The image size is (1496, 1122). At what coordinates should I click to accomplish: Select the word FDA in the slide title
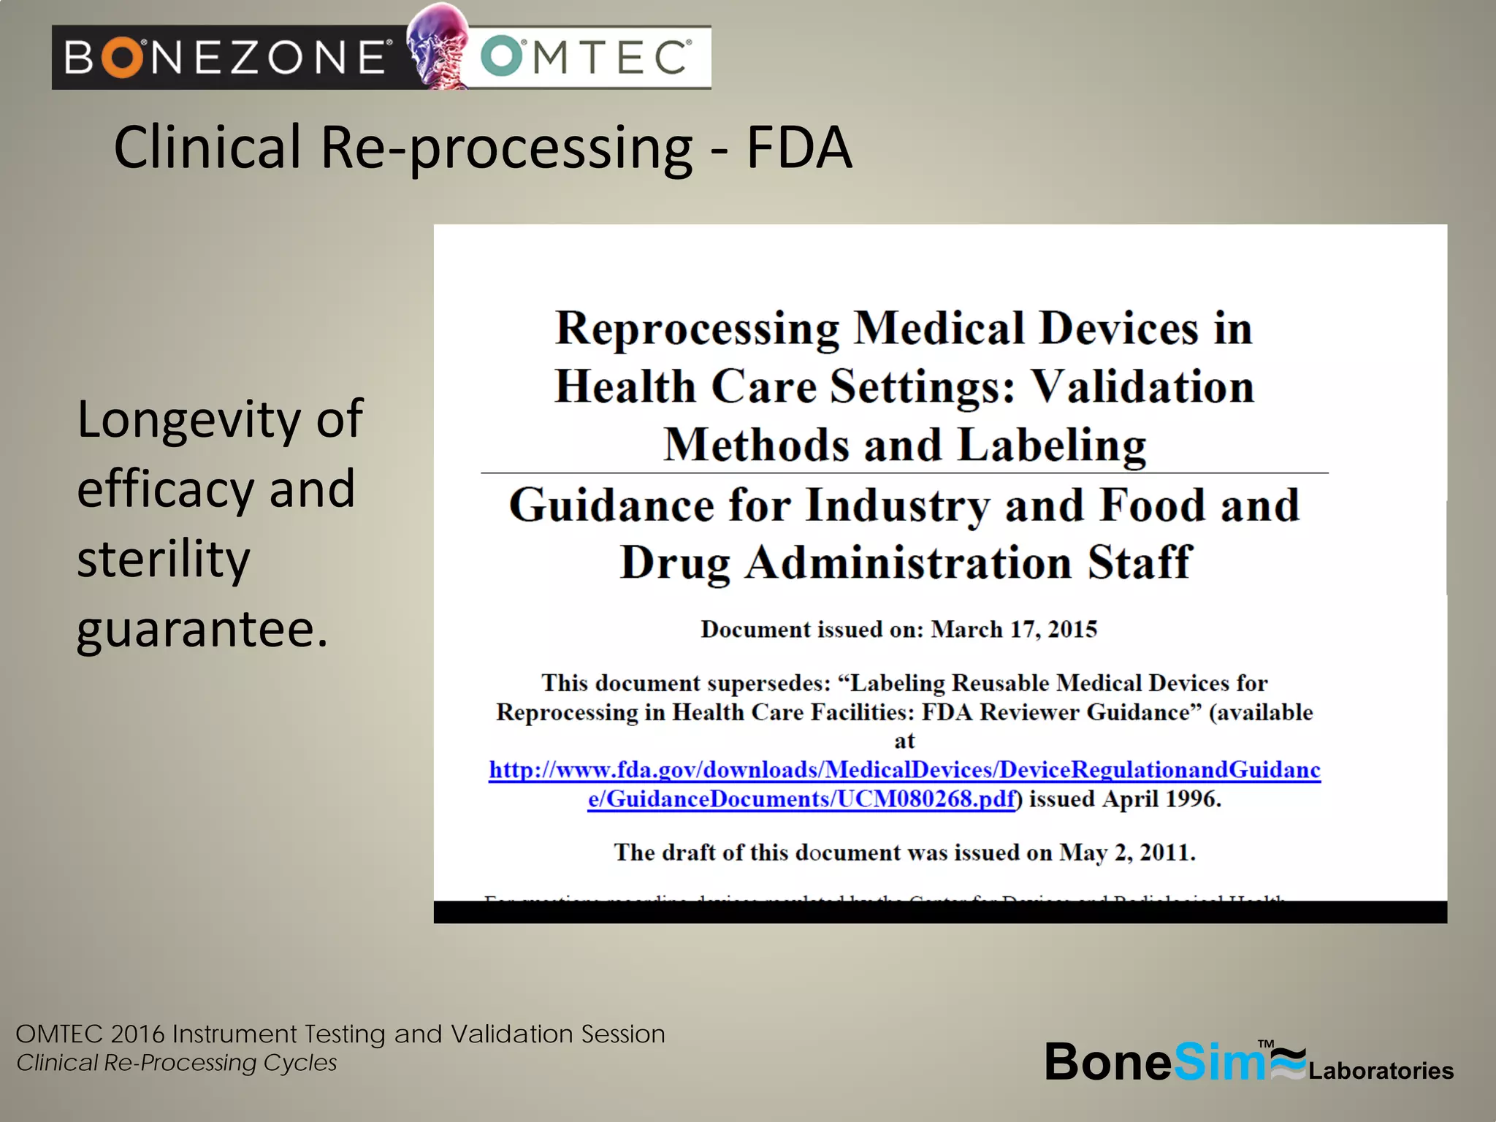pos(798,148)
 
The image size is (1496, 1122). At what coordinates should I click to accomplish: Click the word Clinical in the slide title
pos(207,148)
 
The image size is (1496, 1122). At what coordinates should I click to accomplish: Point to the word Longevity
pos(188,421)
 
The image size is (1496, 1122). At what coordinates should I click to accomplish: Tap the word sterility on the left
pos(164,560)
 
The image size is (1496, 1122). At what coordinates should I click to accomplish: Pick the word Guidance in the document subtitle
pos(611,505)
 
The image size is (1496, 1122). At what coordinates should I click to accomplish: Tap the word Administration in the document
pos(908,563)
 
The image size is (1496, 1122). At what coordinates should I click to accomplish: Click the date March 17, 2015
pos(1014,630)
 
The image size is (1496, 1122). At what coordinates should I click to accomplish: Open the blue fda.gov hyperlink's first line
pos(904,770)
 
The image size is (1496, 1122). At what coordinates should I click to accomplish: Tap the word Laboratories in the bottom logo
pos(1381,1071)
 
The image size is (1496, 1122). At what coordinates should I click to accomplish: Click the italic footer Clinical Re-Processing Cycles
pos(177,1063)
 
